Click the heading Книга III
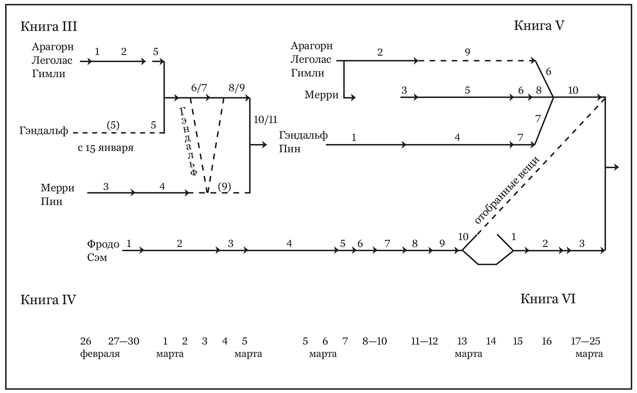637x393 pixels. pos(49,26)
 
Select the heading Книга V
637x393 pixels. pos(539,25)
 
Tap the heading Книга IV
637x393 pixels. pos(48,300)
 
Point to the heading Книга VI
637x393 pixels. pos(548,299)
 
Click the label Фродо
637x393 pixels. pos(103,244)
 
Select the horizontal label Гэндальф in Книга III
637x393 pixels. pos(44,131)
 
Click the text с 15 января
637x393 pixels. pos(106,148)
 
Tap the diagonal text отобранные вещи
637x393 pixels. pos(506,190)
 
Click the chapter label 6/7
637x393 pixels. pos(199,88)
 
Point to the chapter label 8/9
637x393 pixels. pos(237,88)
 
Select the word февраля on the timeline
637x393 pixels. pos(100,354)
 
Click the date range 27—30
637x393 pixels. pos(123,341)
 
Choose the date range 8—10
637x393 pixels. pos(374,341)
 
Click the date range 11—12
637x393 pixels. pos(424,341)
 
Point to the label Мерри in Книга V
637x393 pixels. pos(322,95)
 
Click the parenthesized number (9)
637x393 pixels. pos(224,186)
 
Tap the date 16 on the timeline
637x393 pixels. pos(546,341)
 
